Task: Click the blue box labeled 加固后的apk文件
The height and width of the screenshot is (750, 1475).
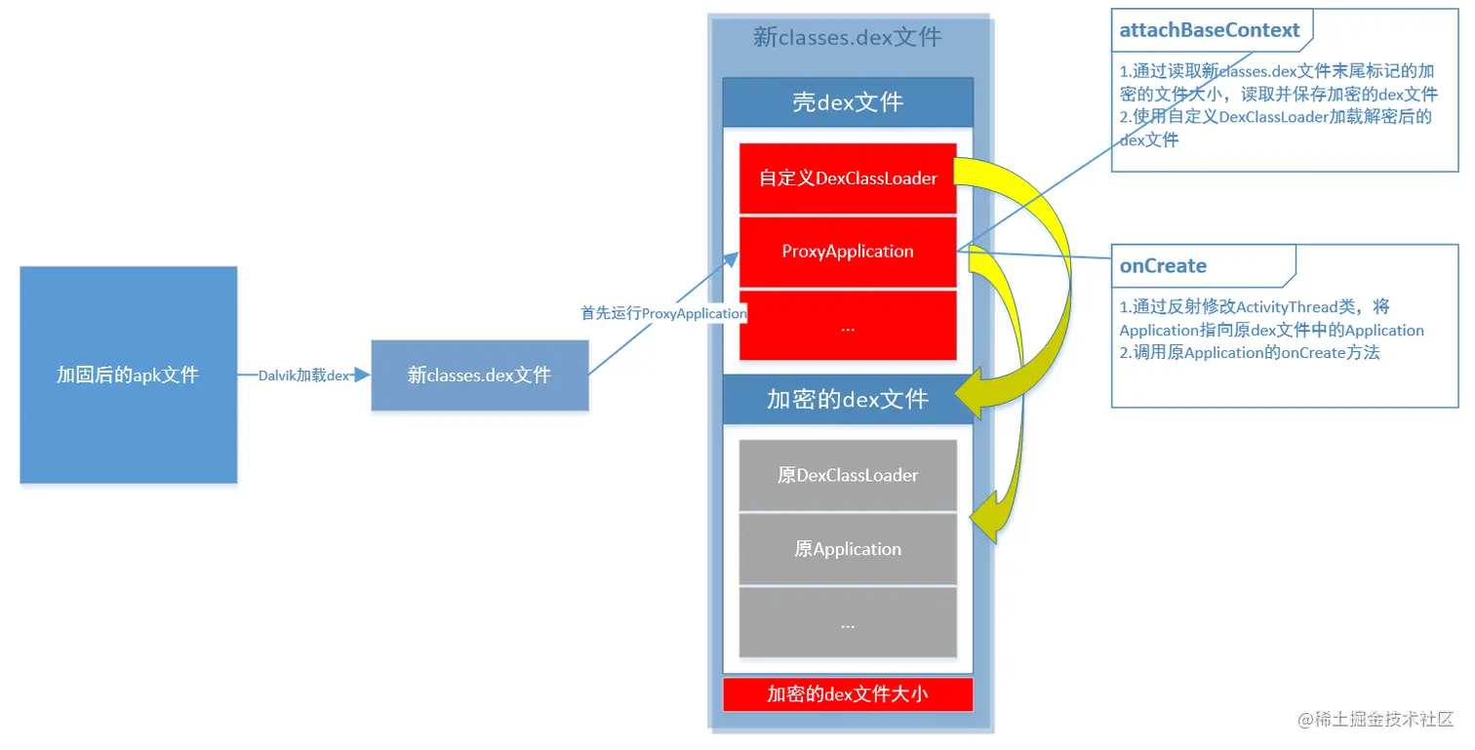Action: click(128, 375)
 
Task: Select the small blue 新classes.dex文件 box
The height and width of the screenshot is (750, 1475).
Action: click(479, 375)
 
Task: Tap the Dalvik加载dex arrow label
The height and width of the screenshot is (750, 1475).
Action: click(303, 375)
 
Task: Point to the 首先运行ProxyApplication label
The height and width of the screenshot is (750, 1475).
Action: click(663, 313)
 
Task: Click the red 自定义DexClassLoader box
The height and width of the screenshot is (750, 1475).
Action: click(848, 178)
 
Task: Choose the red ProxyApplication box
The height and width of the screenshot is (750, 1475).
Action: click(848, 252)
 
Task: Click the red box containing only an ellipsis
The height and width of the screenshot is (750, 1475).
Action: click(848, 326)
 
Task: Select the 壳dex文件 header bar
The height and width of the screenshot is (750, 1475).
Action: click(848, 101)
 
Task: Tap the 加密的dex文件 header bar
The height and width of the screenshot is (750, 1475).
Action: click(848, 399)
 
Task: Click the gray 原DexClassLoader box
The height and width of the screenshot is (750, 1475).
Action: click(848, 475)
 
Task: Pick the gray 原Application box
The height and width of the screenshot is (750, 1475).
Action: click(848, 549)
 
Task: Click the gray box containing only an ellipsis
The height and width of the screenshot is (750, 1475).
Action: click(848, 622)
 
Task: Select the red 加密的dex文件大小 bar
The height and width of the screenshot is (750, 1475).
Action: click(848, 694)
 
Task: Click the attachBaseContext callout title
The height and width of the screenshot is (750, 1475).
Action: click(1210, 30)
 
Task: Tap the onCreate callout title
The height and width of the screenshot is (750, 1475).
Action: click(1163, 266)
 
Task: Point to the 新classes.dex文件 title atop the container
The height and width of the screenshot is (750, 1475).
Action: click(848, 37)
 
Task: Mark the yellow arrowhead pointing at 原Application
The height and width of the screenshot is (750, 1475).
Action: click(987, 517)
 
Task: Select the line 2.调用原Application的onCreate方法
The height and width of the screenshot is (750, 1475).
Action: click(1250, 353)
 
